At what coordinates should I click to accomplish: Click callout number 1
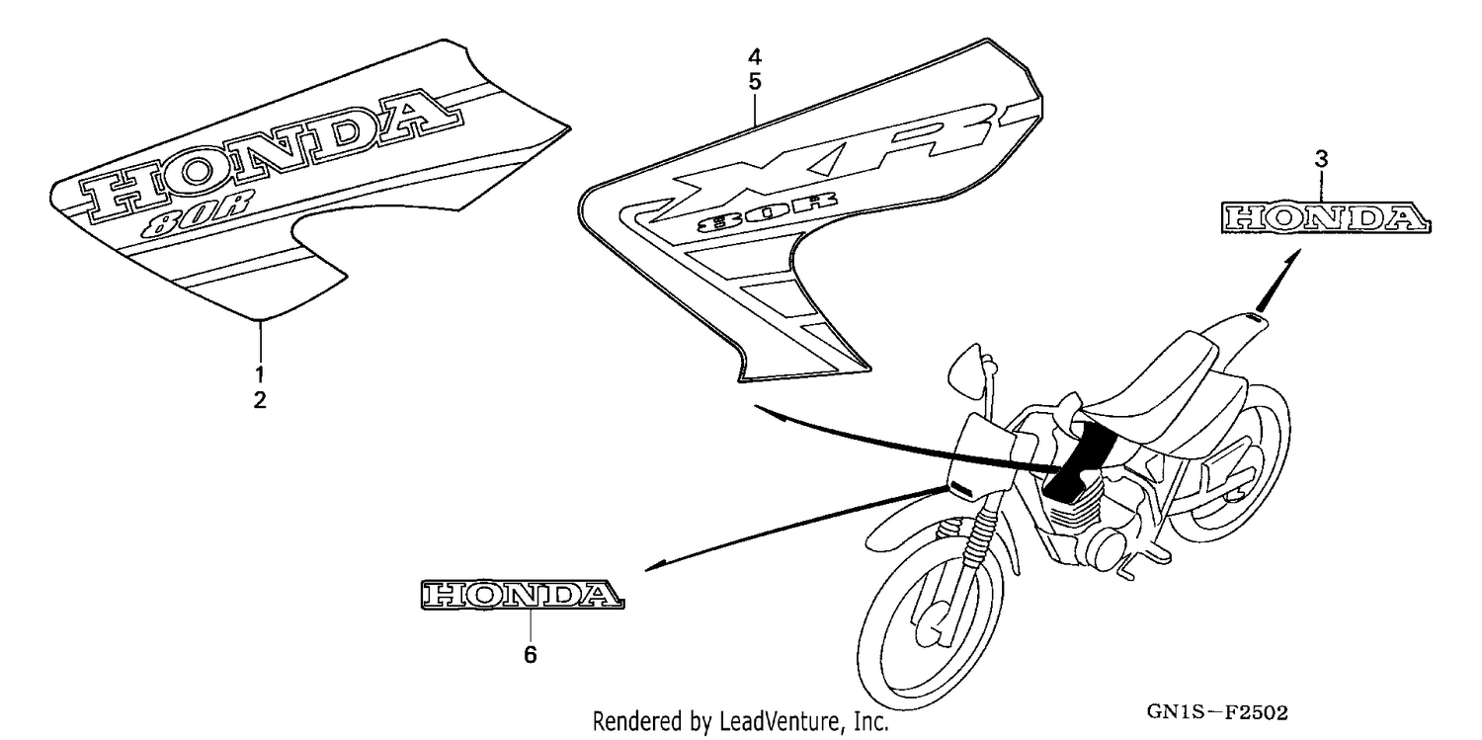pyautogui.click(x=260, y=374)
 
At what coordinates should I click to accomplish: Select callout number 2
pyautogui.click(x=260, y=399)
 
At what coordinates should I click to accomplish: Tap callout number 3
pyautogui.click(x=1321, y=159)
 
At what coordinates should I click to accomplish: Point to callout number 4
pyautogui.click(x=755, y=57)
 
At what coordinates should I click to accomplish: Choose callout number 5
pyautogui.click(x=755, y=82)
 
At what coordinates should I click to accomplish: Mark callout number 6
pyautogui.click(x=530, y=655)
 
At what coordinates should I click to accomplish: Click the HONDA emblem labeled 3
pyautogui.click(x=1325, y=217)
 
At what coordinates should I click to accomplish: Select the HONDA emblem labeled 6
pyautogui.click(x=522, y=595)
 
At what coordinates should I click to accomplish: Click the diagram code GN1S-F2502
pyautogui.click(x=1217, y=712)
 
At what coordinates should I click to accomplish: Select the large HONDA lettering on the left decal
pyautogui.click(x=272, y=153)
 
